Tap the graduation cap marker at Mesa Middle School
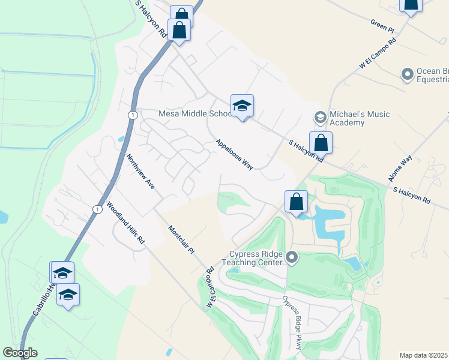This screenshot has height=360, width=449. tap(242, 106)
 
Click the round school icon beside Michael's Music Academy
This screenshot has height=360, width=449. tap(320, 116)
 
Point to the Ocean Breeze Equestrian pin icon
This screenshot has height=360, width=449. tap(408, 74)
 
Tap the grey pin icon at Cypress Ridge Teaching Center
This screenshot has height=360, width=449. tap(292, 258)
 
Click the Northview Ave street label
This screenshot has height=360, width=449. tap(141, 172)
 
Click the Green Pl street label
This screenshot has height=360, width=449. tap(382, 27)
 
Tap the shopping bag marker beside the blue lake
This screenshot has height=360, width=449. tap(297, 202)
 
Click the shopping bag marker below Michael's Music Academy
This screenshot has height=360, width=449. tap(321, 143)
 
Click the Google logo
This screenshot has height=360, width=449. tap(20, 353)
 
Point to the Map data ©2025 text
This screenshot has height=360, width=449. tap(424, 355)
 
